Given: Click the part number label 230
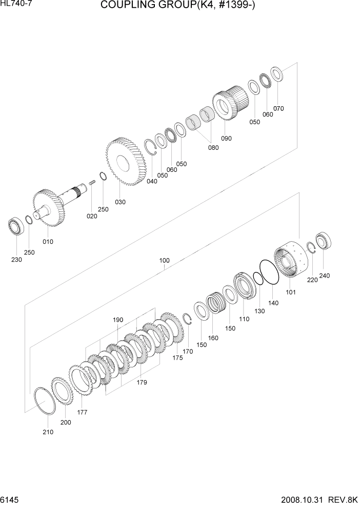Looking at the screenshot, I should point(16,260).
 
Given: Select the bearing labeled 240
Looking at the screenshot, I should point(324,242).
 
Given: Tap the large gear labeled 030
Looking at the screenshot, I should point(126,162).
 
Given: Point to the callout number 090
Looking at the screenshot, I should point(226,138).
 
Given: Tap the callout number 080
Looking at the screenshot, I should point(213,148).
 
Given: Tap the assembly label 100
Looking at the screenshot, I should point(164,260).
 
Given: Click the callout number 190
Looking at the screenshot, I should point(118,320).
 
